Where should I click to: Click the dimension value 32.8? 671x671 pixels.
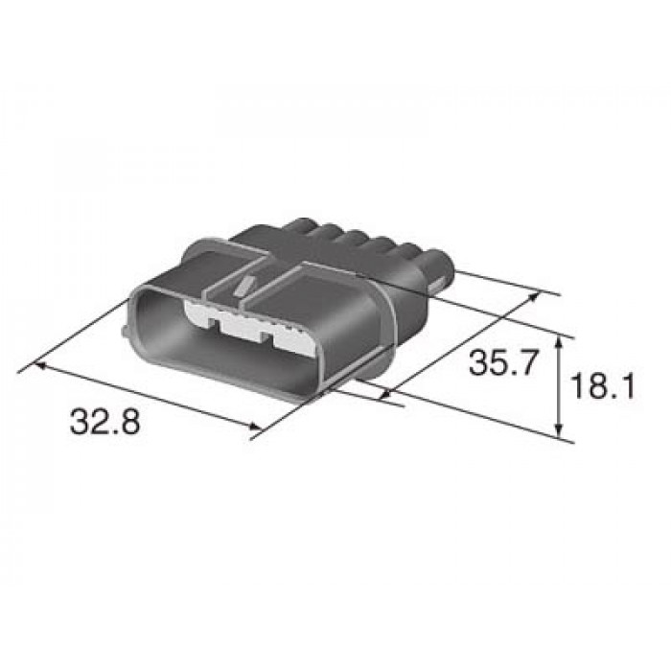tap(104, 422)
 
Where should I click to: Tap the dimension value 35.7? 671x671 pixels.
tap(503, 362)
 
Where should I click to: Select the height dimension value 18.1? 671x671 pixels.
tap(602, 385)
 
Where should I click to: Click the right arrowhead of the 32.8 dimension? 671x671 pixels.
tap(255, 426)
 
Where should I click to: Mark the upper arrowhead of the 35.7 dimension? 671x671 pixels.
tap(534, 296)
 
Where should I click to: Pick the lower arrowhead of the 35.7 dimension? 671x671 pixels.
tap(385, 395)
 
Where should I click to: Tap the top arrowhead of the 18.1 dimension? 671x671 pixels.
tap(558, 341)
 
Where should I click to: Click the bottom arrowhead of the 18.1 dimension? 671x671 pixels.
tap(558, 430)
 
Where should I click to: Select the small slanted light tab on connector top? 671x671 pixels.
tap(244, 286)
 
